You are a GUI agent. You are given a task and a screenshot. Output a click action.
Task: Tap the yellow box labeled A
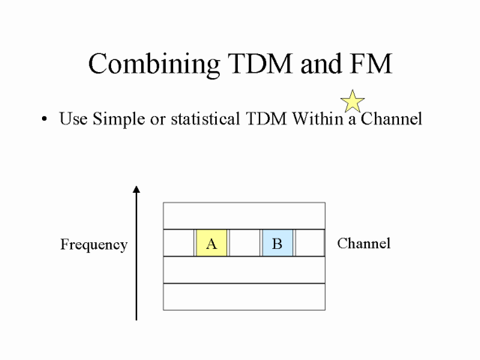pos(211,243)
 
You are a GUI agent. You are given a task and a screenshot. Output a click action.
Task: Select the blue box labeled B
pos(277,243)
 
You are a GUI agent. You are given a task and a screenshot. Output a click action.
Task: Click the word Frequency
pos(94,244)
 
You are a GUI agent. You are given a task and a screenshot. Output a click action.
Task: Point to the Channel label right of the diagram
pos(364,243)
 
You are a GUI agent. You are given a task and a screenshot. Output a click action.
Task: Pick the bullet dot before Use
pos(46,119)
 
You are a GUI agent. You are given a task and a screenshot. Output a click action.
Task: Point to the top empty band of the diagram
pos(244,216)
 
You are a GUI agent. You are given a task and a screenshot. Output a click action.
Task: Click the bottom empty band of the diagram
pos(244,296)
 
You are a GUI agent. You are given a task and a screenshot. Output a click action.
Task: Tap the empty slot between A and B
pos(244,243)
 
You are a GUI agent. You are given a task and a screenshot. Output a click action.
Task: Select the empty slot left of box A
pos(178,243)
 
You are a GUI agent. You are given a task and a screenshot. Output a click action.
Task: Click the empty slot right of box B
pos(309,243)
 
